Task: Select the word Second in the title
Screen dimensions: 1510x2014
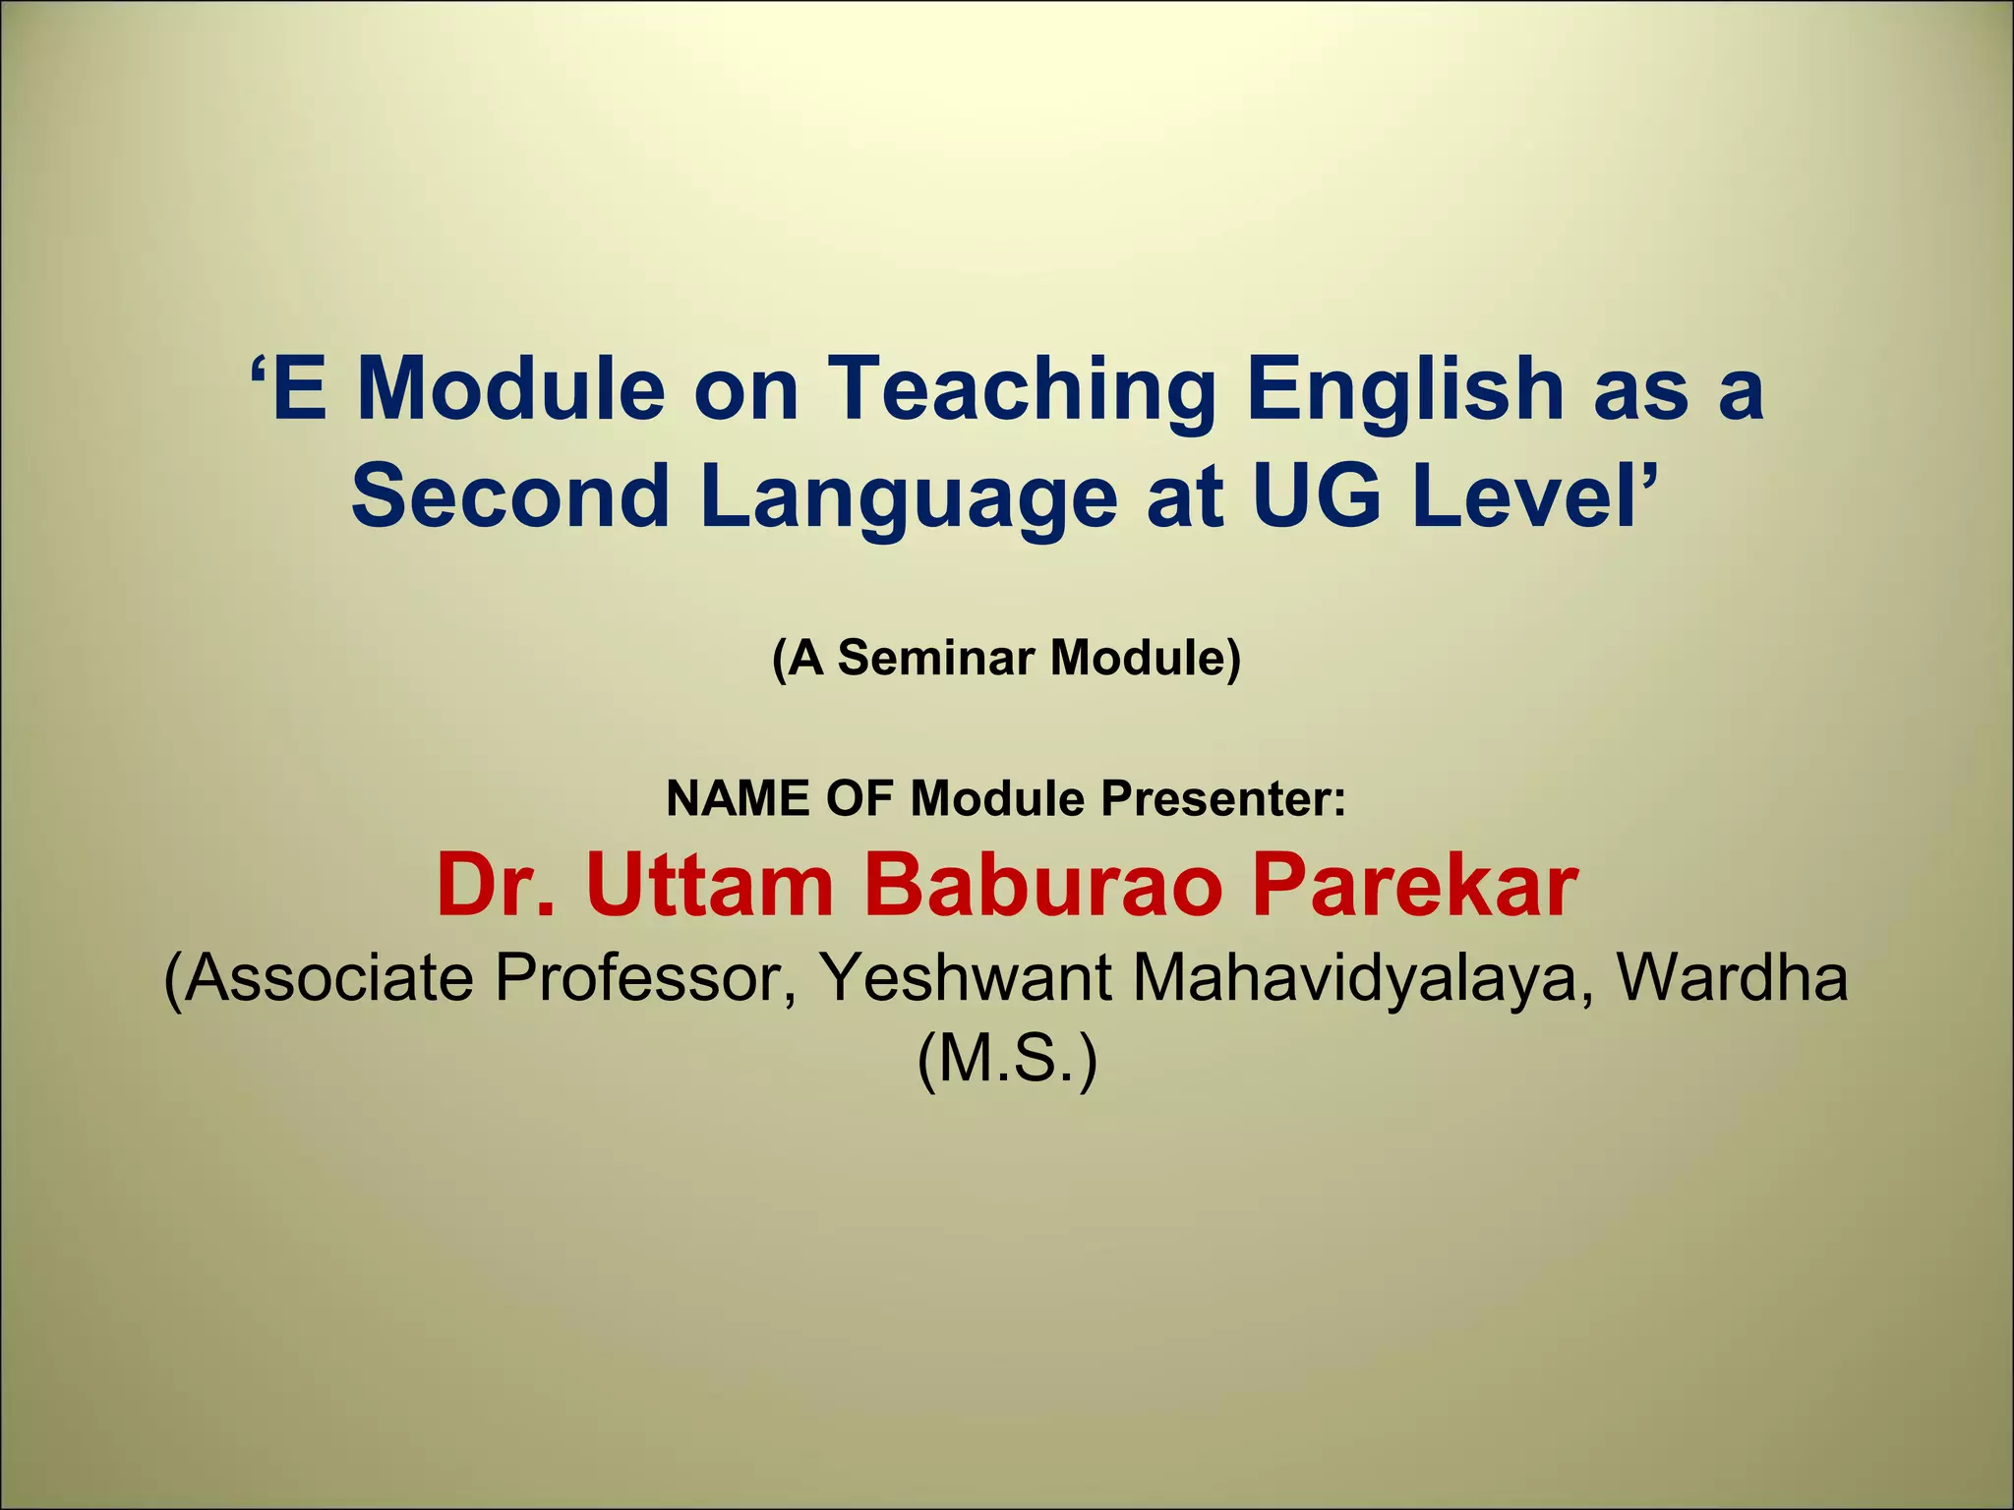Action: pos(510,495)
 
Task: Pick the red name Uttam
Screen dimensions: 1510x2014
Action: pos(710,886)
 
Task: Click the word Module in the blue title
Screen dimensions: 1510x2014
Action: pos(510,390)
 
